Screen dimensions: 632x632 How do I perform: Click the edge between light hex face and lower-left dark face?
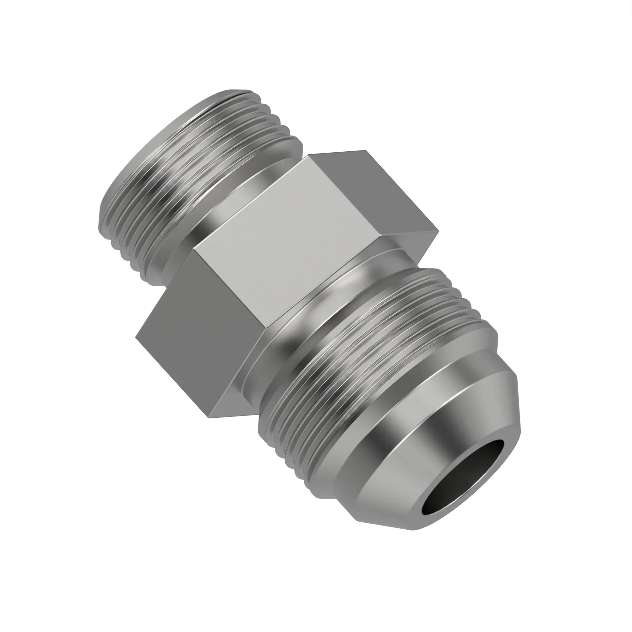(232, 291)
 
